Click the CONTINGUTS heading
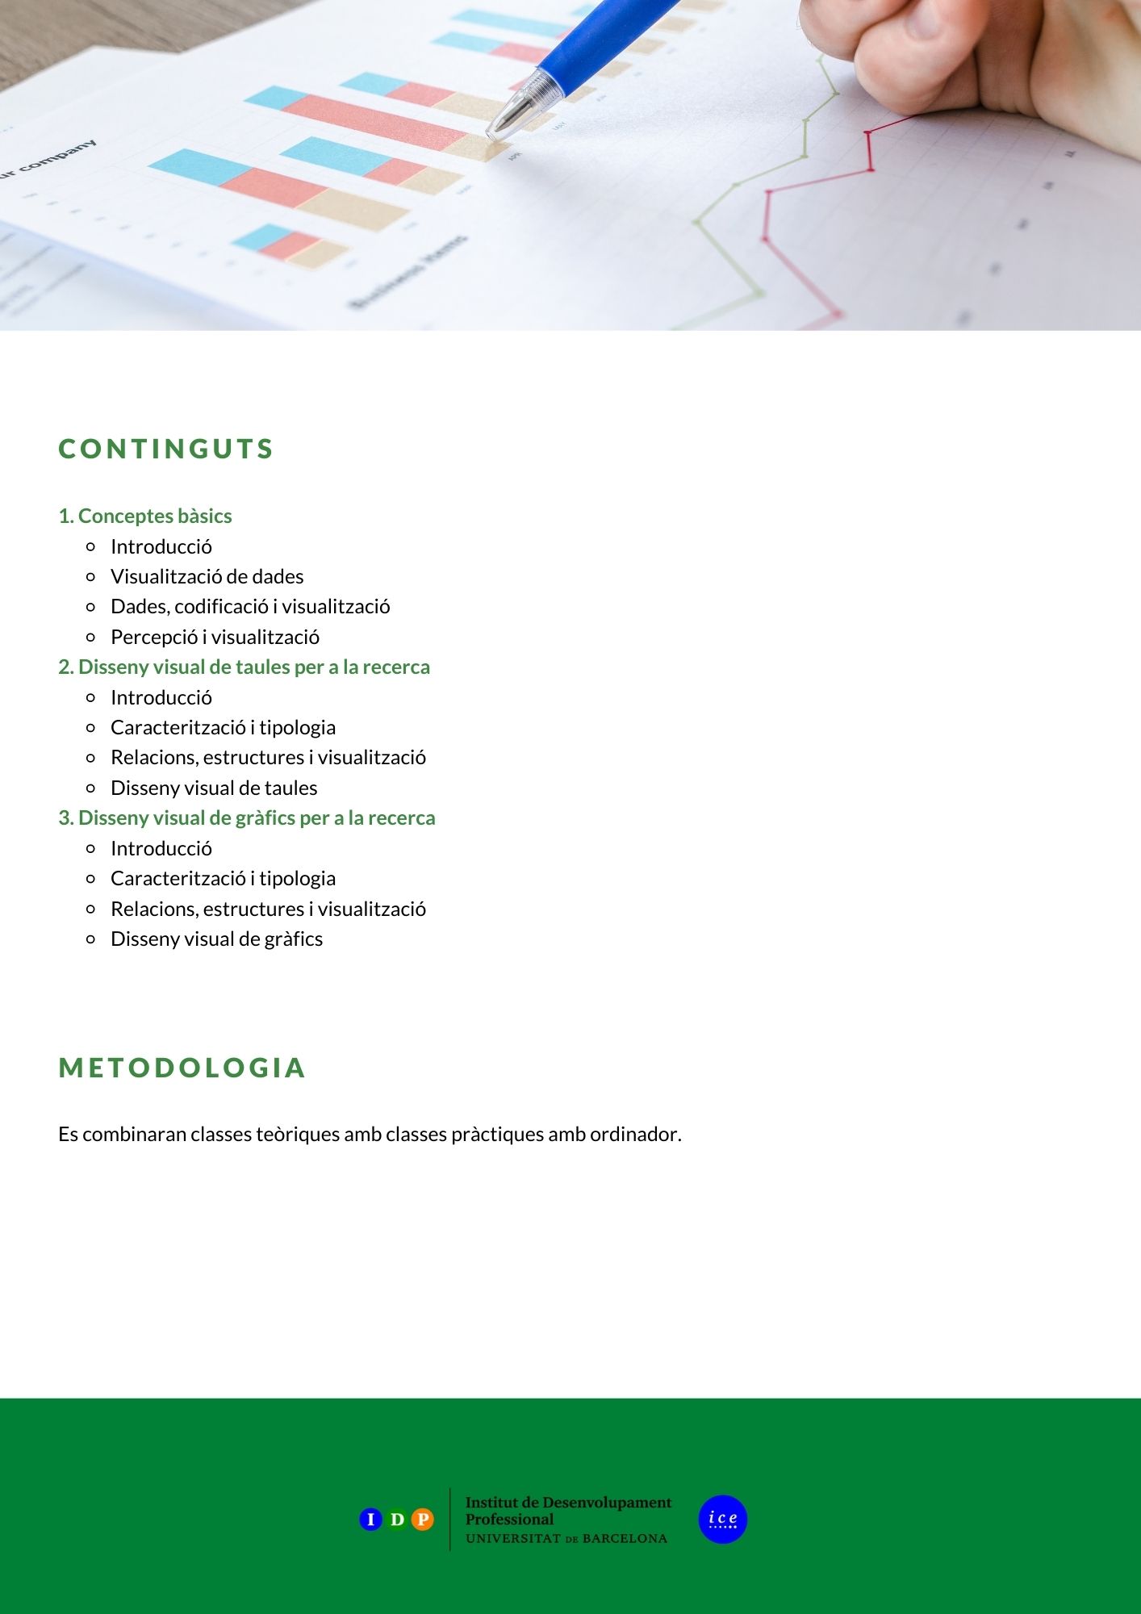click(x=165, y=449)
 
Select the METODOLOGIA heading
click(x=182, y=1068)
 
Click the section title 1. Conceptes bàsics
click(x=145, y=516)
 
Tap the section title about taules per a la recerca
click(x=244, y=667)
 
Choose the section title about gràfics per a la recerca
click(x=246, y=817)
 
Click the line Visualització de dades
click(x=207, y=576)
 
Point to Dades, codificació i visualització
click(x=250, y=606)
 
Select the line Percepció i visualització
click(x=215, y=637)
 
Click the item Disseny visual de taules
click(x=214, y=788)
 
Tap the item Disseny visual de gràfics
click(x=216, y=939)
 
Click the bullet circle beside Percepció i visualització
click(x=90, y=637)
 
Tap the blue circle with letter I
click(x=370, y=1520)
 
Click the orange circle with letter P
click(x=422, y=1520)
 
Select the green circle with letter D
click(x=396, y=1520)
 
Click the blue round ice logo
click(x=723, y=1520)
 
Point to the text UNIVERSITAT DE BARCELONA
click(x=566, y=1539)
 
